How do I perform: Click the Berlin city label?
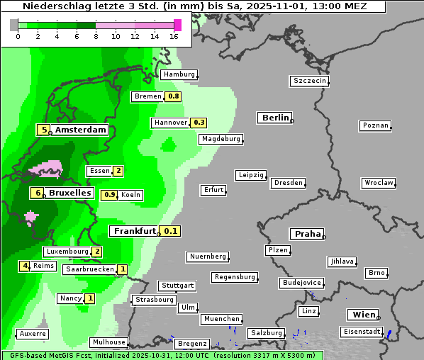pos(274,118)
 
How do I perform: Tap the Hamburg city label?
pos(178,74)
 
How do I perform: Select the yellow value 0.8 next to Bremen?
pos(173,96)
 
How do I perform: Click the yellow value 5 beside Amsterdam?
pos(44,130)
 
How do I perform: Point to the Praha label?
pos(308,234)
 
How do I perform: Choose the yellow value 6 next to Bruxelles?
pos(37,193)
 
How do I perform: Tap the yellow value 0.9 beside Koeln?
pos(110,195)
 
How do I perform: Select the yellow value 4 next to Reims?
pos(25,266)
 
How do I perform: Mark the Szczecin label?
pos(310,81)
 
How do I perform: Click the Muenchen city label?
pos(221,319)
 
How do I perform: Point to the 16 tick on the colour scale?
pos(174,36)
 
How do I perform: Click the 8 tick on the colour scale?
pos(96,36)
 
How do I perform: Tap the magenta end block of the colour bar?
pos(177,25)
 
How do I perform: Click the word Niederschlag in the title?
pos(52,6)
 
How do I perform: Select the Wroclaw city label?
pos(378,183)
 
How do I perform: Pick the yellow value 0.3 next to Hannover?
pos(199,123)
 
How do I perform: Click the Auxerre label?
pos(33,333)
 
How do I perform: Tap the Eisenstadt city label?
pos(360,332)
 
